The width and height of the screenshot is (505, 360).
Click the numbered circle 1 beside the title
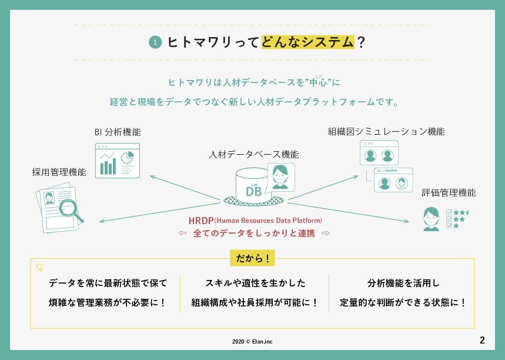tap(155, 42)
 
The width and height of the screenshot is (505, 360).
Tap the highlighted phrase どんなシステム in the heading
tap(307, 42)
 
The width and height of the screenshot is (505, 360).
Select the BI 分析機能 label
tap(118, 132)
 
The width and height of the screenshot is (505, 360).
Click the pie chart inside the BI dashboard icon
tap(127, 158)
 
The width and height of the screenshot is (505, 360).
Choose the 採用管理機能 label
tap(59, 172)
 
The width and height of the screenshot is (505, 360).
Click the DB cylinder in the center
tap(253, 187)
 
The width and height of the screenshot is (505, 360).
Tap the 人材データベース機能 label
tap(253, 155)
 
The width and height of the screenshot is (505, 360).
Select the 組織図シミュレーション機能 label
tap(386, 131)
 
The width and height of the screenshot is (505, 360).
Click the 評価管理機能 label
tap(449, 192)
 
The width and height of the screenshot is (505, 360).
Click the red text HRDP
tap(201, 221)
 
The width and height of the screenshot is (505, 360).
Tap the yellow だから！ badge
tap(252, 258)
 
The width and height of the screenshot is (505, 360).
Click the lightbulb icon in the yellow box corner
tap(39, 267)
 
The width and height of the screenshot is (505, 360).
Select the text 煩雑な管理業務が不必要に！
tap(108, 303)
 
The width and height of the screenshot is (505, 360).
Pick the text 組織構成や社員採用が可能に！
tap(255, 303)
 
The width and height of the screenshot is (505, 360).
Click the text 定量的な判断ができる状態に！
tap(403, 303)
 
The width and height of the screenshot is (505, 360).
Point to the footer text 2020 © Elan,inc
tap(252, 341)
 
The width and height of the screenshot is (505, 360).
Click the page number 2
tap(482, 340)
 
